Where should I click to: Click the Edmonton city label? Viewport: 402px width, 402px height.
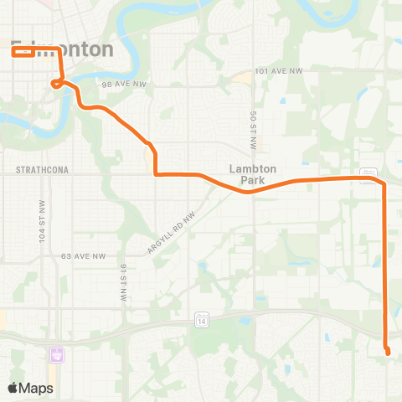point(63,49)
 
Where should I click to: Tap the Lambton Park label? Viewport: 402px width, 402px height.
point(252,173)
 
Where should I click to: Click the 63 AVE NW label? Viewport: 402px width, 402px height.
point(82,256)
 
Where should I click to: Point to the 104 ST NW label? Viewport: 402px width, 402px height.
point(41,222)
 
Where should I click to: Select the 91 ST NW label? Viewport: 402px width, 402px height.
point(122,282)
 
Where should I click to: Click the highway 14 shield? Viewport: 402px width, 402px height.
point(202,320)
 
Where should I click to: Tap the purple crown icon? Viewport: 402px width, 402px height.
point(57,355)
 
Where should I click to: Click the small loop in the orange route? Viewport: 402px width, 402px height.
point(55,83)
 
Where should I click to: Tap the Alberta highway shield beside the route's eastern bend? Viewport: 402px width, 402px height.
point(368,173)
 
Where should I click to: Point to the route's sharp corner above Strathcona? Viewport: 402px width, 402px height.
point(156,174)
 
